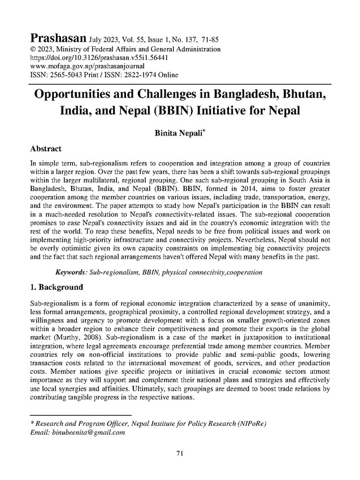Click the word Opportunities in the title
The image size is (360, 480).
tap(84, 93)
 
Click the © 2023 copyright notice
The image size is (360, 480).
tap(40, 50)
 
